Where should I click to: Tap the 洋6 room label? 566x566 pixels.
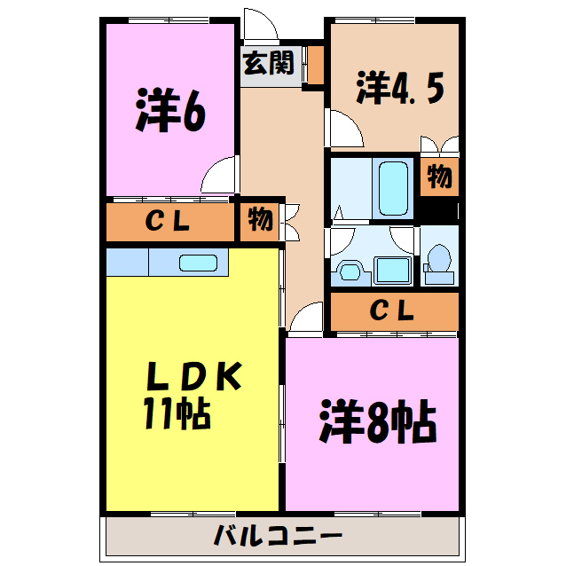click(171, 110)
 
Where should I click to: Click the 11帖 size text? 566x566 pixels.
click(177, 413)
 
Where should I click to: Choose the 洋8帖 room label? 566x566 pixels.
click(377, 424)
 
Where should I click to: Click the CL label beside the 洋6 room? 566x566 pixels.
click(169, 223)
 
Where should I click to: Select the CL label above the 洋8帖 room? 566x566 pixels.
click(391, 311)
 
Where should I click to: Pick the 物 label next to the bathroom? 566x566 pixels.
click(438, 177)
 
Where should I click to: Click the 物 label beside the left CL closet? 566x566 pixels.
click(260, 220)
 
